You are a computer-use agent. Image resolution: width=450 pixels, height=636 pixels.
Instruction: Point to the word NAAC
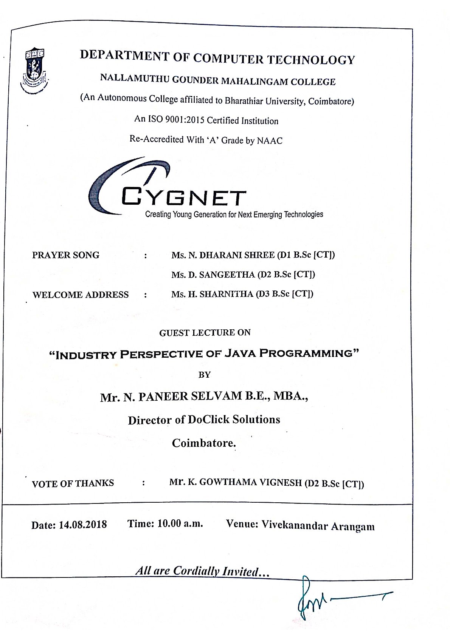coord(270,141)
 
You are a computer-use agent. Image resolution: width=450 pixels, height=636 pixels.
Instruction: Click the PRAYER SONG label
coord(66,255)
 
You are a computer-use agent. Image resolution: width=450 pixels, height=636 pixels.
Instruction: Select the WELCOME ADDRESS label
coord(81,295)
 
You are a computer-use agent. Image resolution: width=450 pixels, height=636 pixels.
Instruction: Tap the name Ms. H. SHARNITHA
coord(212,294)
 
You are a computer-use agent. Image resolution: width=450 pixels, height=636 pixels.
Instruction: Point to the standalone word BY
coord(204,375)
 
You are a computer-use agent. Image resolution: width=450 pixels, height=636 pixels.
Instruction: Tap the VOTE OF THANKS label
coord(73,483)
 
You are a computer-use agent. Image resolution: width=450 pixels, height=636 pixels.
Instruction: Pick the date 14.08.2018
coord(83,525)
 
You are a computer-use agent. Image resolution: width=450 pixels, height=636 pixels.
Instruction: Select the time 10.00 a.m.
coord(180,524)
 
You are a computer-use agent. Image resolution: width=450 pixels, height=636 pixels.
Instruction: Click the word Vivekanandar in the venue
coord(294,525)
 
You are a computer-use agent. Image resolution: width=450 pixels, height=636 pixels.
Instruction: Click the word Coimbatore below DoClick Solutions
coord(203,443)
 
